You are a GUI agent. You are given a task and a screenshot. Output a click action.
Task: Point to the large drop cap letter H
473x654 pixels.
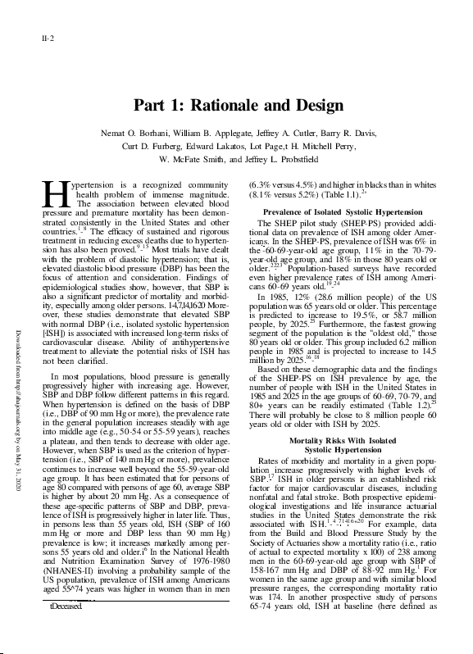click(53, 193)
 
